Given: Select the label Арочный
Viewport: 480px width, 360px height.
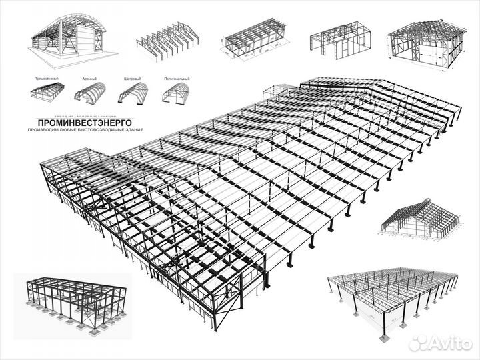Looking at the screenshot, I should click(89, 79).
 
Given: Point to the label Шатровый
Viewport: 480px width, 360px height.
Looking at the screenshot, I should click(131, 79).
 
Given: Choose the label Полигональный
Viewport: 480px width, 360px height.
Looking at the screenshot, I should click(176, 79).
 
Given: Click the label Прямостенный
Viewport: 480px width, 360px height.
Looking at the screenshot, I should click(45, 79).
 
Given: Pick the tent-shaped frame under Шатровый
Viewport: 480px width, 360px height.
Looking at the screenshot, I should click(133, 93).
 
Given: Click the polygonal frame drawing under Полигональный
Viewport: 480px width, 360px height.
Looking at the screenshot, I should click(175, 93).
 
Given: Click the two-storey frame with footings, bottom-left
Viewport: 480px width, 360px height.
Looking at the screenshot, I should click(73, 295).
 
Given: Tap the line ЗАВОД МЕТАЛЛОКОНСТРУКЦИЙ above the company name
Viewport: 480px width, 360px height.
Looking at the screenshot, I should click(78, 115).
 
